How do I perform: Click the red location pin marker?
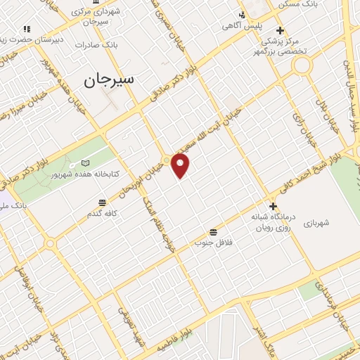[x=181, y=166]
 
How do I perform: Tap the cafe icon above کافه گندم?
[x=103, y=202]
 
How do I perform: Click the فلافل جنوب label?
[x=213, y=242]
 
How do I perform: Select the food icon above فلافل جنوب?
[x=213, y=232]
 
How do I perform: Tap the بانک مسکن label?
[x=295, y=4]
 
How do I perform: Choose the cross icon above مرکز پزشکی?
[x=280, y=30]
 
